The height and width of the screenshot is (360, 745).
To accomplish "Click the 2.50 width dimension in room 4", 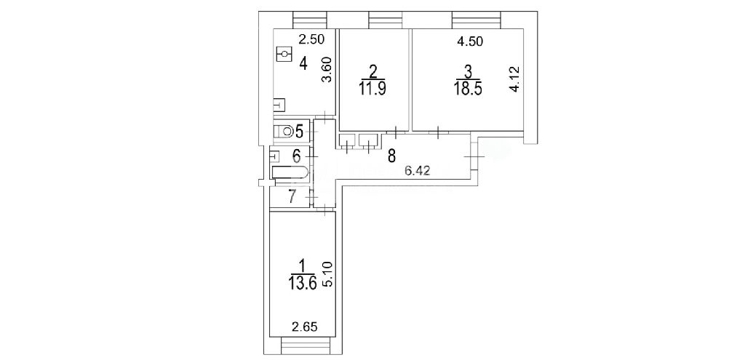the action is pyautogui.click(x=311, y=40).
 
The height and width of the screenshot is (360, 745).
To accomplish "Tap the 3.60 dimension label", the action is pyautogui.click(x=326, y=70).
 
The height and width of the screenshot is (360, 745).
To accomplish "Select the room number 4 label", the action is pyautogui.click(x=303, y=63).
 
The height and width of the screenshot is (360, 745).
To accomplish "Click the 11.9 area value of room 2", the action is pyautogui.click(x=373, y=89).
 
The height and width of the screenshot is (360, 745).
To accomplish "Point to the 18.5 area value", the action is pyautogui.click(x=469, y=89).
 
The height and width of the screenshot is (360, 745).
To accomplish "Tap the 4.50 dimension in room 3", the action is pyautogui.click(x=470, y=41).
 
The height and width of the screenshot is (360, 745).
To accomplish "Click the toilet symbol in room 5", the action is pyautogui.click(x=286, y=131).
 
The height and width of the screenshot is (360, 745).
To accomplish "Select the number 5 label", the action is pyautogui.click(x=300, y=131).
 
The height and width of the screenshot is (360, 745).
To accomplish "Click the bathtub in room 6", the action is pyautogui.click(x=290, y=173).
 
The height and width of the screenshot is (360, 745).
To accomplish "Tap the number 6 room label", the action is pyautogui.click(x=296, y=156).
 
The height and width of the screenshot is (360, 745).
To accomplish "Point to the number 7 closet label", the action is pyautogui.click(x=292, y=196).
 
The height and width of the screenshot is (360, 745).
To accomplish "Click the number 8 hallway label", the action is pyautogui.click(x=391, y=156).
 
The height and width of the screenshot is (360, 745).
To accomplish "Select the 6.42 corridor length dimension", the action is pyautogui.click(x=417, y=172).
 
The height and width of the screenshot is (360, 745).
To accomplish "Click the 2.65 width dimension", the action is pyautogui.click(x=304, y=327).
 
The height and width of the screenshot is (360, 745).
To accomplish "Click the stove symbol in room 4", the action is pyautogui.click(x=283, y=54).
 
